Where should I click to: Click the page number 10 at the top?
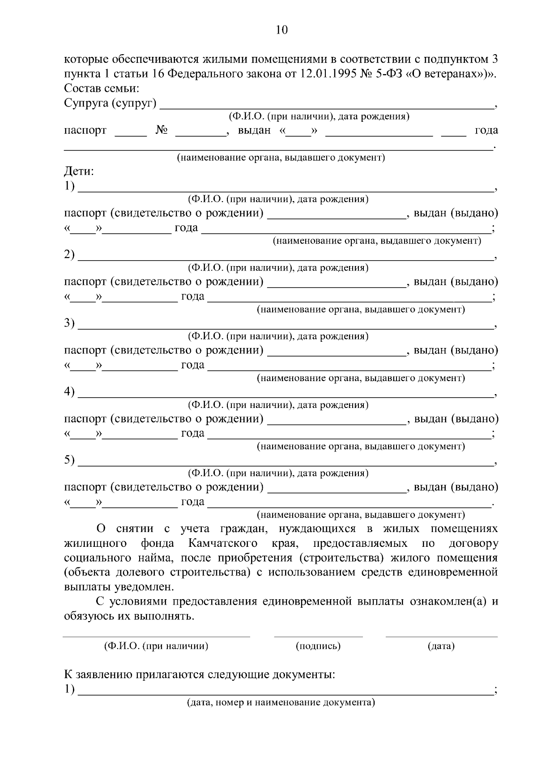pyautogui.click(x=281, y=30)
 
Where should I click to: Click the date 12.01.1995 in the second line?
pyautogui.click(x=322, y=73)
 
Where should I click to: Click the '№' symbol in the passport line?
pyautogui.click(x=162, y=130)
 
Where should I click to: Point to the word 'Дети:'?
pyautogui.click(x=79, y=171)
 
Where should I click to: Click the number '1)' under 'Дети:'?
pyautogui.click(x=69, y=186)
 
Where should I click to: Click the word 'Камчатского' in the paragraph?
pyautogui.click(x=223, y=543)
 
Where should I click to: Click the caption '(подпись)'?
pyautogui.click(x=318, y=646)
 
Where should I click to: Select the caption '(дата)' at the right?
pyautogui.click(x=441, y=646)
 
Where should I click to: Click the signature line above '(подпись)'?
pyautogui.click(x=318, y=636)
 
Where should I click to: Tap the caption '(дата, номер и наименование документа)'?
pyautogui.click(x=281, y=702)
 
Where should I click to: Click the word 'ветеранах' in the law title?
pyautogui.click(x=453, y=73)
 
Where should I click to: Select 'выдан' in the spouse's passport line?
pyautogui.click(x=254, y=130)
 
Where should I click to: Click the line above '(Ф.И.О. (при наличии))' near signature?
pyautogui.click(x=156, y=636)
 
